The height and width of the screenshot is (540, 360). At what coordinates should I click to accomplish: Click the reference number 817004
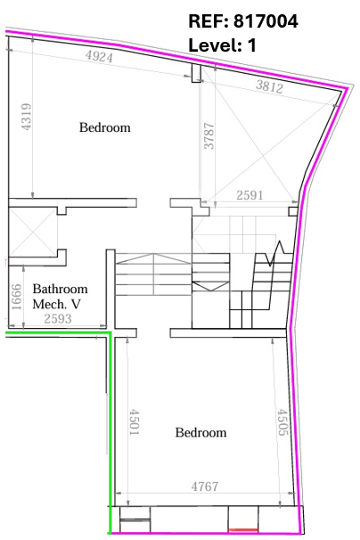tap(266, 21)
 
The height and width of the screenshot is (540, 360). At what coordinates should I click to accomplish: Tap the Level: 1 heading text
tap(222, 45)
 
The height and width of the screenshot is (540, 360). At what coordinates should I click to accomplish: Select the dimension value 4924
tap(99, 56)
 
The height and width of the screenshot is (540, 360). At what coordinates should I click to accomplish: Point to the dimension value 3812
tap(269, 86)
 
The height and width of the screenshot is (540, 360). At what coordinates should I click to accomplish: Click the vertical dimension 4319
tap(27, 117)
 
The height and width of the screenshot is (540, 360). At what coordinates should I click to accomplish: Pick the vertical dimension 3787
tap(209, 136)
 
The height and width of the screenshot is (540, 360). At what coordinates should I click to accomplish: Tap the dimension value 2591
tap(250, 195)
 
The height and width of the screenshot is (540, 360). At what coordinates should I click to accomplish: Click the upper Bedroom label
tap(105, 127)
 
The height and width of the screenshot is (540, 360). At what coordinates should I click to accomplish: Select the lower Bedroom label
tap(200, 432)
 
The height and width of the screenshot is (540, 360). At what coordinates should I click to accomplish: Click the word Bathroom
tap(60, 289)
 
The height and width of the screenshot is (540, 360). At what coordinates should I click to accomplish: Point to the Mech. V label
tap(56, 304)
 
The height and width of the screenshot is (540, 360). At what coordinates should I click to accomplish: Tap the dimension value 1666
tap(16, 297)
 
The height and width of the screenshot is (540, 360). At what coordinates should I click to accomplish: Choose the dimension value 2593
tap(58, 319)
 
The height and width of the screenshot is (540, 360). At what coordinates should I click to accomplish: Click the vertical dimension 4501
tap(135, 421)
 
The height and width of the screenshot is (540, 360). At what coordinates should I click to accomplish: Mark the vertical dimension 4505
tap(282, 422)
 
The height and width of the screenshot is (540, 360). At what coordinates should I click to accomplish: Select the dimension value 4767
tap(205, 487)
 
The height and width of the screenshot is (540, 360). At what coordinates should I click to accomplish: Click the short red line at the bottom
tap(243, 529)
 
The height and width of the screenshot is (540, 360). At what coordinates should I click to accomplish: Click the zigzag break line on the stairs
tap(274, 253)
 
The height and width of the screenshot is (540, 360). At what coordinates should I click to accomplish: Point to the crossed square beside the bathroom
tap(33, 232)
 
